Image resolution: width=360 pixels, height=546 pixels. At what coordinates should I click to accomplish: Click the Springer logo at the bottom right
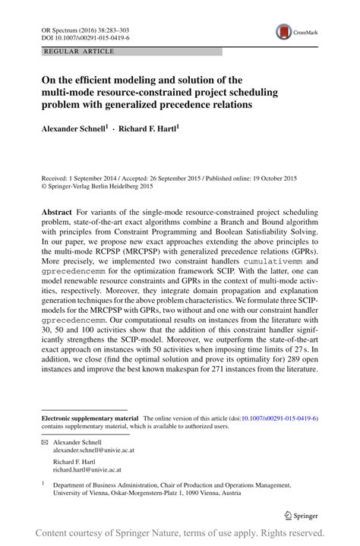pos(302,513)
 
